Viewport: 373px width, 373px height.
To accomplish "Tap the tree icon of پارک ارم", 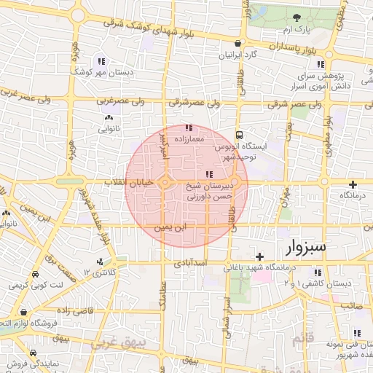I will coord(296,17).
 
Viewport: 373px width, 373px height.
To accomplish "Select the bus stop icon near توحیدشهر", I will coord(240,136).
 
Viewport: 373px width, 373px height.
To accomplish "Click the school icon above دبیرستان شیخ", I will coord(210,173).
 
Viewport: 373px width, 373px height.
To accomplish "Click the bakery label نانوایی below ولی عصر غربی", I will coord(109,129).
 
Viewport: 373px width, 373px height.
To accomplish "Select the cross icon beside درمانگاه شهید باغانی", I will coord(259,256).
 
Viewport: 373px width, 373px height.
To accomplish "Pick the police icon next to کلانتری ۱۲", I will coord(99,262).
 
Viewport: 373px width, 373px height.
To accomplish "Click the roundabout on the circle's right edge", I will coord(235,182).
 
